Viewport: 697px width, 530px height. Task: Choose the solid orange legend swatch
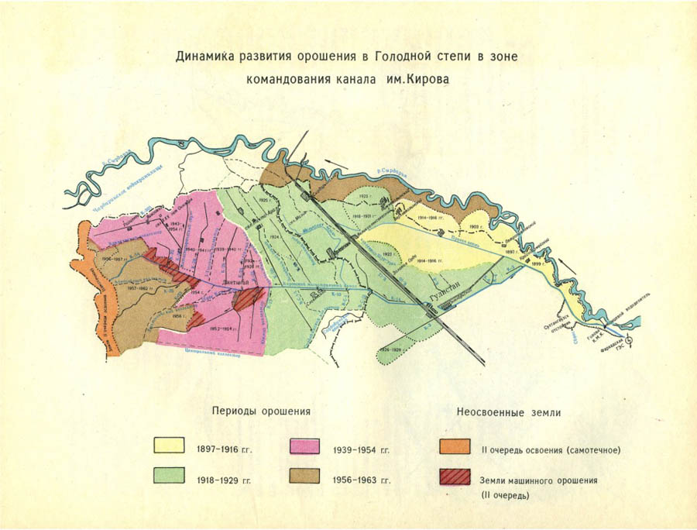[x=454, y=446]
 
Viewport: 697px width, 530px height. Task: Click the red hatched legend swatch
[x=454, y=477]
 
